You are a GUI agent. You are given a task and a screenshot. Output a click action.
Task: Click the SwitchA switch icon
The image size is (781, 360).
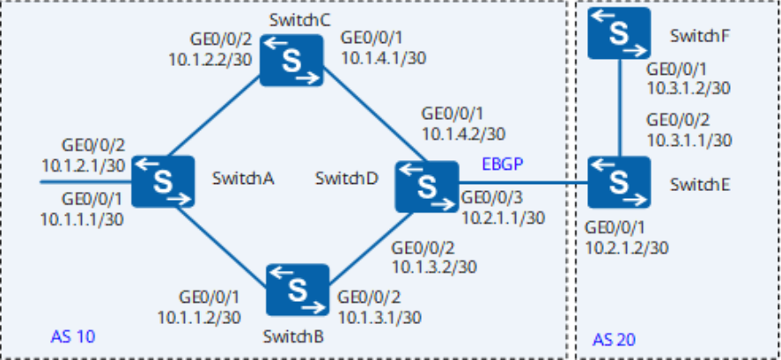[162, 180]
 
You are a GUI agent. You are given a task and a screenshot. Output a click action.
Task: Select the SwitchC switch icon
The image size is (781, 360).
[291, 60]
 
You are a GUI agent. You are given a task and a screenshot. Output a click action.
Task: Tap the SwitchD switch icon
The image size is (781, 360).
[427, 187]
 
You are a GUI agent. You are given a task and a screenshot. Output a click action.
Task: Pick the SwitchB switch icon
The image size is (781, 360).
[298, 290]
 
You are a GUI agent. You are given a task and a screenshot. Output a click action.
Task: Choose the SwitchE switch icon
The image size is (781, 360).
[619, 182]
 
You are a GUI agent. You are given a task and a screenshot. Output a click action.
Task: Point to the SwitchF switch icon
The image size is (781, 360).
[619, 33]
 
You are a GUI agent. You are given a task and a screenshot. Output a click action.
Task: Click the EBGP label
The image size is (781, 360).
[503, 165]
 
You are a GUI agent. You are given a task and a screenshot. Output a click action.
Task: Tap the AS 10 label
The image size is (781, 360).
[73, 337]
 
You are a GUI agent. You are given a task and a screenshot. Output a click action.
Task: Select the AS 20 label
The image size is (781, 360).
[614, 340]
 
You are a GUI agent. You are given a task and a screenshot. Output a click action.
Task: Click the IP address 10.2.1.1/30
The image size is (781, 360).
[503, 217]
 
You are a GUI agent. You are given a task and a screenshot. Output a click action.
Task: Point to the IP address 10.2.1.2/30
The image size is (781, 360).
[627, 247]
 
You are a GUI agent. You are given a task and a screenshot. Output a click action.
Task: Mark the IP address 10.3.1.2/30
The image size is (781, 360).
[689, 88]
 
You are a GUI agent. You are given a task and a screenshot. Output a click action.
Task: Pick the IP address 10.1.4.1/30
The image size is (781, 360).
[383, 58]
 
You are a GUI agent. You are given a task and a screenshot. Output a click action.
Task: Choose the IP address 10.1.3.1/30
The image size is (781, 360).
[379, 317]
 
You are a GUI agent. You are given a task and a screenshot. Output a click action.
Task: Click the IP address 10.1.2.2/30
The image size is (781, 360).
[210, 60]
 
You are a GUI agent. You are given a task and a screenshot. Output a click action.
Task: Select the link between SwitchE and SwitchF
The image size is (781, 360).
[619, 108]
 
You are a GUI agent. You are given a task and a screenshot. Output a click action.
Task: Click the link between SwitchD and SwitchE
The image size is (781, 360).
[523, 183]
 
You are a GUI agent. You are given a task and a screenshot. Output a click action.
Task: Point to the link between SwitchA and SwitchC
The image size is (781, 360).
[214, 116]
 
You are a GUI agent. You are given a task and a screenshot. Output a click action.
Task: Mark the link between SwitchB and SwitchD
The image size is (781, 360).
[370, 249]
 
